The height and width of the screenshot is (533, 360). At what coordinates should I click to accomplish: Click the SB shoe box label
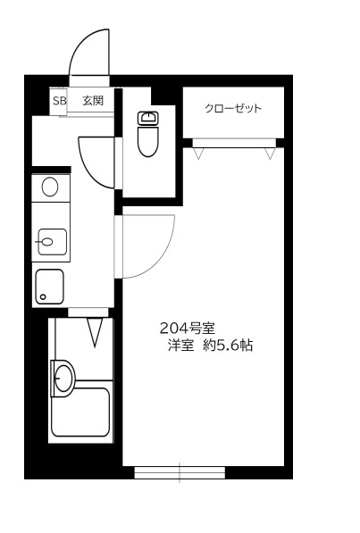[x=59, y=101]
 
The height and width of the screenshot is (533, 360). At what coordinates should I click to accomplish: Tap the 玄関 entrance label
[x=93, y=101]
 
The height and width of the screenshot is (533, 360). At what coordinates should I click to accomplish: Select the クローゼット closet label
[x=233, y=108]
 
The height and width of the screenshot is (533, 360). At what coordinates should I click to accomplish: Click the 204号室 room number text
[x=187, y=328]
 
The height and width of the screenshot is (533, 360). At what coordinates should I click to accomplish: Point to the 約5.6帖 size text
[x=228, y=346]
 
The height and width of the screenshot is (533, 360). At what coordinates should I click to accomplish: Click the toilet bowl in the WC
[x=148, y=141]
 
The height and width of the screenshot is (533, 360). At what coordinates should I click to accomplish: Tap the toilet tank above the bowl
[x=148, y=118]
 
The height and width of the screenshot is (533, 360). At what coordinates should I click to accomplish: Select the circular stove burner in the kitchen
[x=50, y=187]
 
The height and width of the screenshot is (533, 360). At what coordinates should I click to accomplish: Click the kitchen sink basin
[x=52, y=242]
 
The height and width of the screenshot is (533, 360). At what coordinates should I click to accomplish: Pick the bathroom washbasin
[x=63, y=378]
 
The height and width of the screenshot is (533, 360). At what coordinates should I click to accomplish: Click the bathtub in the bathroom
[x=80, y=412]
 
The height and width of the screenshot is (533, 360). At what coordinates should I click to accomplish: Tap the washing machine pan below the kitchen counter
[x=50, y=287]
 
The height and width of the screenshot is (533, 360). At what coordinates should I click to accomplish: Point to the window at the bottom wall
[x=180, y=472]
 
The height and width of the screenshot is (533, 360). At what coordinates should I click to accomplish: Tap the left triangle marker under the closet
[x=198, y=154]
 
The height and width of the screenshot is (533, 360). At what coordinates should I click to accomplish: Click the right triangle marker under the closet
[x=270, y=154]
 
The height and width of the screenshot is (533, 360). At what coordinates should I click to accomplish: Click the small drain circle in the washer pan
[x=43, y=296]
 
